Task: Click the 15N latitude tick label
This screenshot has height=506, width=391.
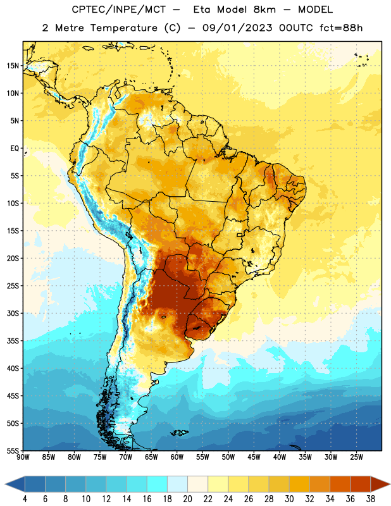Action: coord(13,66)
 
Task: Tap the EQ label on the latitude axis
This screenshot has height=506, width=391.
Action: coord(15,149)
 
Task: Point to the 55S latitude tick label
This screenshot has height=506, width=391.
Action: coord(13,451)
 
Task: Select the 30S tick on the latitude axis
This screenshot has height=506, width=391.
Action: coord(13,313)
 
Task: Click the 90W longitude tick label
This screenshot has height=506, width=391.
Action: coord(23,457)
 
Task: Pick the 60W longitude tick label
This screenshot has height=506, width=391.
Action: coord(177,457)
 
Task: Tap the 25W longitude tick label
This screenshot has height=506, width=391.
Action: coord(356,457)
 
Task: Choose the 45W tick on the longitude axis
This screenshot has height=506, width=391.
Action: coord(254,457)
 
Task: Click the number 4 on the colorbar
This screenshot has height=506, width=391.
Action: coord(25,499)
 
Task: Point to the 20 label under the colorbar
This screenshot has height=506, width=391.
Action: coord(187,499)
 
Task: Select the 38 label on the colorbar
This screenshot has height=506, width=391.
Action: coord(371,499)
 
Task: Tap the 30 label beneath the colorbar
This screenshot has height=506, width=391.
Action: coord(289,499)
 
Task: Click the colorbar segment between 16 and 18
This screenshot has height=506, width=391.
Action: coord(157,484)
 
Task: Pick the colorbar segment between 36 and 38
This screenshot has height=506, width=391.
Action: coord(361,484)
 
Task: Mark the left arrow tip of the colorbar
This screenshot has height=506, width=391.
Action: coord(5,484)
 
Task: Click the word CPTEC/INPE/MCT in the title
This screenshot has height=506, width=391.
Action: coord(118,9)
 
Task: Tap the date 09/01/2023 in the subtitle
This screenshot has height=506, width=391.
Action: coord(237,28)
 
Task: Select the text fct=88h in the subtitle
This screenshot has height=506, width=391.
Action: coord(341,28)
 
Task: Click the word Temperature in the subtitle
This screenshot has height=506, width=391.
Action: coord(123,28)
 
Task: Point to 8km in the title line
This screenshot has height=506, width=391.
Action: coord(264,9)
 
